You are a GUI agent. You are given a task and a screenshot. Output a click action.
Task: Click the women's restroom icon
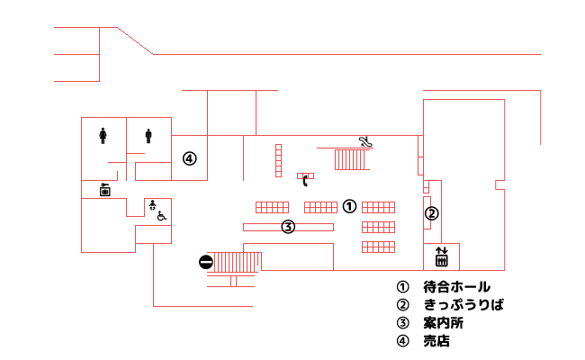point(103,136)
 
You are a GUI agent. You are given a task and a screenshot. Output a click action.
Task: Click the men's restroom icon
point(148,136)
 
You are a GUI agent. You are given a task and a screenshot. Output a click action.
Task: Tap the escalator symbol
point(365,142)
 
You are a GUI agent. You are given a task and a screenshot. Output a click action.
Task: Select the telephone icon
point(305,181)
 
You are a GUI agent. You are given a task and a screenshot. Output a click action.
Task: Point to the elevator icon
point(441,256)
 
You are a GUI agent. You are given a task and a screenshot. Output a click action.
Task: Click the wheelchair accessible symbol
point(161,216)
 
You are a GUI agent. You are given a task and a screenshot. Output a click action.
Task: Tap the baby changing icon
point(152,205)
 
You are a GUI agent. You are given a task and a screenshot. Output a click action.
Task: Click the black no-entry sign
point(206,262)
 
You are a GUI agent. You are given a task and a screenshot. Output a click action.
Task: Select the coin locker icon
point(104,190)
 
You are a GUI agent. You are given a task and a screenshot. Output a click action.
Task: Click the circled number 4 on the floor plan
point(190,159)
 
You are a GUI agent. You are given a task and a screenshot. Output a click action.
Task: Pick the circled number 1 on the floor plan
point(349,206)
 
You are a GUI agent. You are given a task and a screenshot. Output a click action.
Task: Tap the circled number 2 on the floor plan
point(432,214)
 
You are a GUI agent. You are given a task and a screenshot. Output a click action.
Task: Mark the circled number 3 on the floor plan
point(288,227)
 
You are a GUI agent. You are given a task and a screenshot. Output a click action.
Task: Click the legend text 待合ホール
point(456,287)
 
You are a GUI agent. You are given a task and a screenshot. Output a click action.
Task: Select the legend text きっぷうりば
point(463,305)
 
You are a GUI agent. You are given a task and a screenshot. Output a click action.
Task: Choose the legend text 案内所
point(444,323)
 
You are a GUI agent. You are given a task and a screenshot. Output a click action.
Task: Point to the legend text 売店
point(436,340)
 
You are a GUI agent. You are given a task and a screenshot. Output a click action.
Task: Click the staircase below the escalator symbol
point(350,159)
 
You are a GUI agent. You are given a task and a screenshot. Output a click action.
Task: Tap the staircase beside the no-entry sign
point(238,262)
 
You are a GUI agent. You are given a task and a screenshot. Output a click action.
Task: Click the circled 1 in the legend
point(402,287)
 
